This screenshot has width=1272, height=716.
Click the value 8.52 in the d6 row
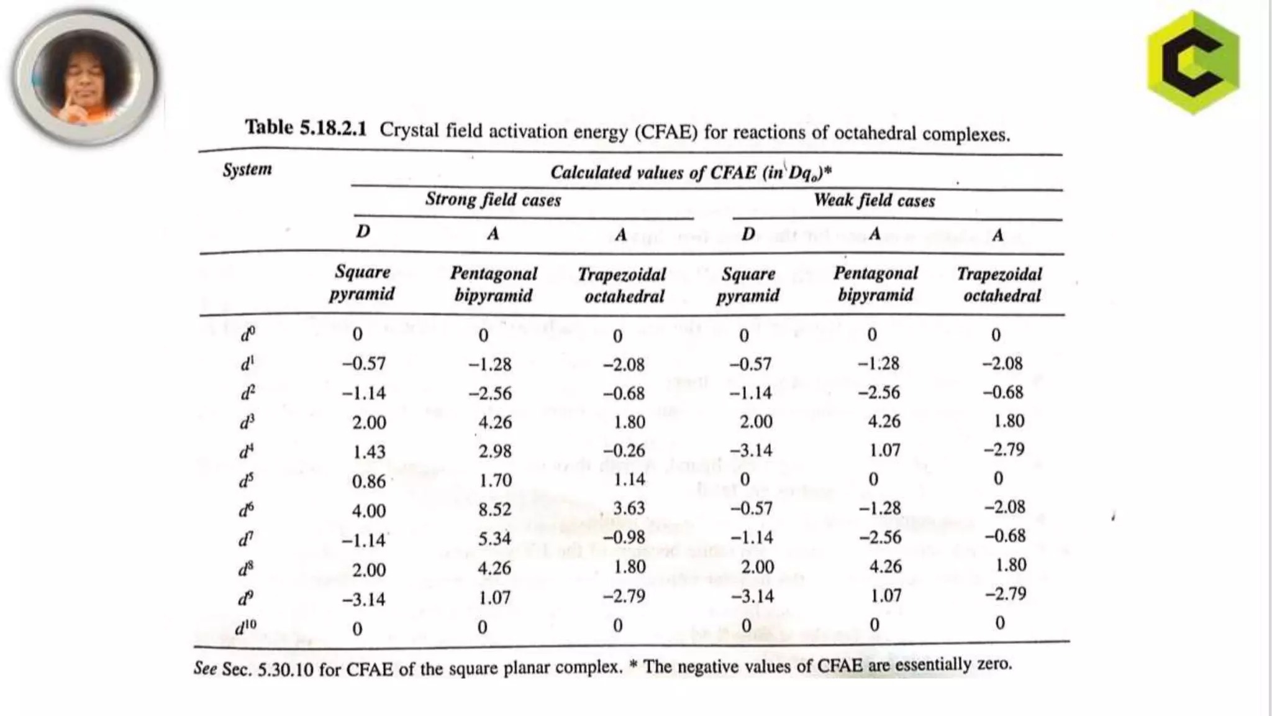point(495,510)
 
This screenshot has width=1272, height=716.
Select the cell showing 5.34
point(495,538)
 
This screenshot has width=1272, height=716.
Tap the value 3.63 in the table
point(629,508)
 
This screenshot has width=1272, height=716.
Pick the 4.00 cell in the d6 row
point(369,511)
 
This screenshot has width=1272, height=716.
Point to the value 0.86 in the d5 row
point(369,482)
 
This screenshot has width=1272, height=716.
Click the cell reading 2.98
point(495,451)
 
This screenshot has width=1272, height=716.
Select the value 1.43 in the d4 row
point(369,452)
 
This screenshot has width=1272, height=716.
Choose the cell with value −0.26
point(624,451)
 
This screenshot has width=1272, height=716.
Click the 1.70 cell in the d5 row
point(495,480)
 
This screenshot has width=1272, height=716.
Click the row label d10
point(245,628)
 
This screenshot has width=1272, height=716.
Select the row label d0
point(247,335)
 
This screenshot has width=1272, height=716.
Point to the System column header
point(247,169)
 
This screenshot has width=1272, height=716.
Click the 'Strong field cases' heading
point(493,200)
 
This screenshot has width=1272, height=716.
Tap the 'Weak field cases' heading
point(874,200)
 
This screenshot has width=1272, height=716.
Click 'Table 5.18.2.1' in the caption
point(306,128)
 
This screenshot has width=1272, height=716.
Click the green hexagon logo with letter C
point(1193,62)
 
